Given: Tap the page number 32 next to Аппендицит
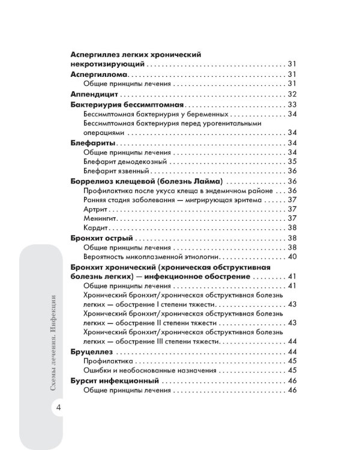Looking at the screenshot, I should coord(293,94).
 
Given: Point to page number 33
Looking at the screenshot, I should coord(293,104).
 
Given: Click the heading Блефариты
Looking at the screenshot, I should coord(92,143).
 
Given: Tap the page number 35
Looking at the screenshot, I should coord(293,161).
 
